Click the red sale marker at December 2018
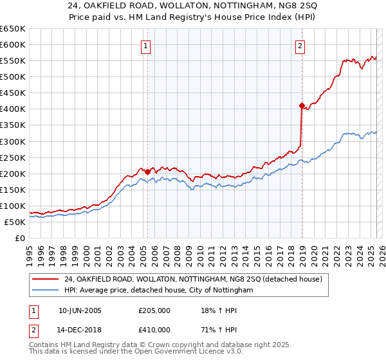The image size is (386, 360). tap(301, 105)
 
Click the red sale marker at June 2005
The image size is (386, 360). tap(147, 172)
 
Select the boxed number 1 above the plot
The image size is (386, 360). tap(147, 46)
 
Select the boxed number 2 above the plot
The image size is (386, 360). tap(300, 46)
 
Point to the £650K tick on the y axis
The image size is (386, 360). tap(13, 29)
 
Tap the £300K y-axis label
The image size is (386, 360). tap(13, 141)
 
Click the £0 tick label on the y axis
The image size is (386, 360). tap(20, 238)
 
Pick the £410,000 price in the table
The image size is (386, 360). tap(154, 330)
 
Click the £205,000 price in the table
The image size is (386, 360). tap(154, 310)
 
